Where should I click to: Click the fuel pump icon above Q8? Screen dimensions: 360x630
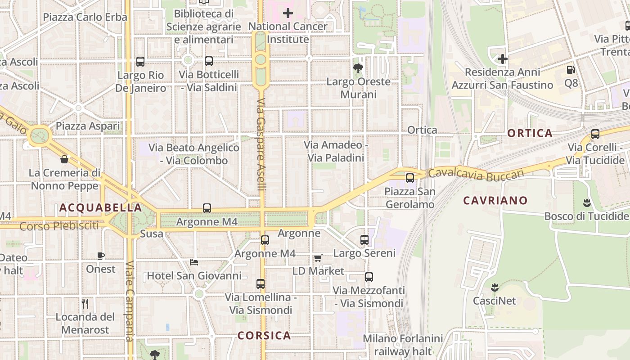coord(571,70)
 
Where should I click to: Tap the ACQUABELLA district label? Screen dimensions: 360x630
coord(100,207)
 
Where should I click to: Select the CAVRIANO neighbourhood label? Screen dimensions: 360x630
coord(495,201)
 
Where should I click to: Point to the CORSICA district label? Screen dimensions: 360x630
coord(264,336)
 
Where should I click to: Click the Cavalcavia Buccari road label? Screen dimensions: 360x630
coord(476,174)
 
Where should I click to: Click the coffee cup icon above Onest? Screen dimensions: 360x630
coord(101,256)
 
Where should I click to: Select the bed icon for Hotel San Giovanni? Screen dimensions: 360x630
coord(194,262)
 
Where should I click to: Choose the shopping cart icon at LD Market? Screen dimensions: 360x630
coord(318,258)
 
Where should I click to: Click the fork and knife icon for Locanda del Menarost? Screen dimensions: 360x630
coord(85,303)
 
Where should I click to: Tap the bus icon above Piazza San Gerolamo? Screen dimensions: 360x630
coord(409,178)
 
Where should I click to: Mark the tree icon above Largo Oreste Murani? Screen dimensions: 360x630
coord(358,68)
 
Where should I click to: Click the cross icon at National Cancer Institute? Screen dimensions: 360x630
coord(288,13)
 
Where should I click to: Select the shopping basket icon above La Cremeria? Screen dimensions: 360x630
coord(64,159)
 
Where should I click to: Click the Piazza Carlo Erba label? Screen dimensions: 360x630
coord(85,17)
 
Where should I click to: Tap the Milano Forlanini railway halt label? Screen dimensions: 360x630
coord(403,345)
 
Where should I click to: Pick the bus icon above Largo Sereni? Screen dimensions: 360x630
coord(364,240)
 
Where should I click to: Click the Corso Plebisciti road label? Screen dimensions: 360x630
coord(59,226)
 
